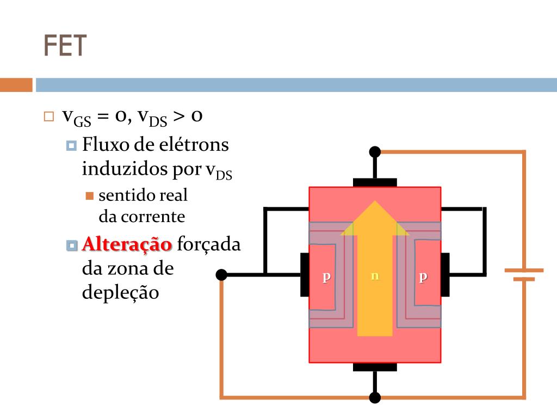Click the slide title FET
click(65, 46)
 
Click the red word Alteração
click(127, 244)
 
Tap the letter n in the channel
click(374, 276)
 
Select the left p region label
click(326, 276)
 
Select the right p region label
click(423, 276)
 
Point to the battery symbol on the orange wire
click(524, 274)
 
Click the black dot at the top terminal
click(375, 152)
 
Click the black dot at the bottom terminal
click(375, 397)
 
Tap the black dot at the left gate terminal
click(221, 275)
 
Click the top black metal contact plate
click(375, 182)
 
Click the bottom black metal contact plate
click(375, 367)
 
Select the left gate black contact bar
click(305, 275)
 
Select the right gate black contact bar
click(445, 275)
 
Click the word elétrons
click(193, 145)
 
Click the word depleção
click(120, 292)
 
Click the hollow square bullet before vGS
click(49, 116)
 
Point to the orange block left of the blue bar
click(16, 85)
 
